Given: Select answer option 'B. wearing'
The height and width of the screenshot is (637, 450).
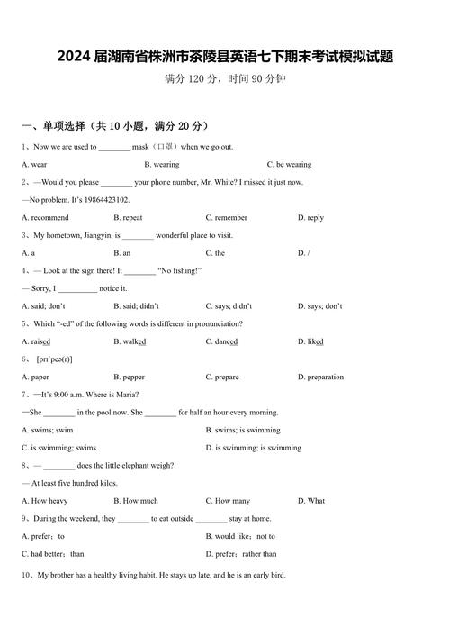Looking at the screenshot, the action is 161,165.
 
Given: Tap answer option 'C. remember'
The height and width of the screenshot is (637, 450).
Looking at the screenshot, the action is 226,218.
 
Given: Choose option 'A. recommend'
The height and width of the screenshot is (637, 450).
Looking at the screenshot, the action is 45,218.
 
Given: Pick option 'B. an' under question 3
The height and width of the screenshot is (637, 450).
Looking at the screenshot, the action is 122,253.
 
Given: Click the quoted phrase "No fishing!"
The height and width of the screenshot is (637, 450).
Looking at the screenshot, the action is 180,270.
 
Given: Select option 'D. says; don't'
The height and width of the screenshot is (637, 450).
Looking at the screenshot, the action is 319,306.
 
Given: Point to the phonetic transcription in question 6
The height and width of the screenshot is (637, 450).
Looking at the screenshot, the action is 55,359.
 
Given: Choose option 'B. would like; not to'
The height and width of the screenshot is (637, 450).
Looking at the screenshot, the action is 240,536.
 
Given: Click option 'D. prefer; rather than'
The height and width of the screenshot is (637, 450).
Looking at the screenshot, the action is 241,554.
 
